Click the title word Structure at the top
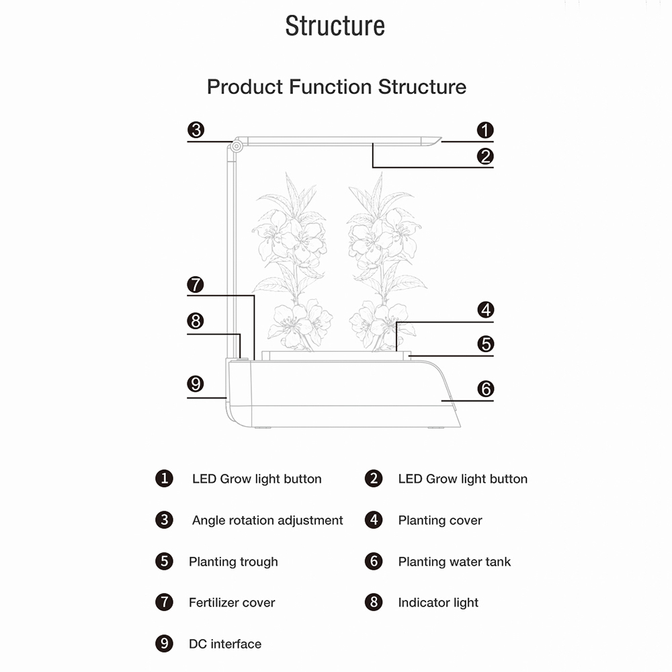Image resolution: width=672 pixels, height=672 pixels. pyautogui.click(x=335, y=26)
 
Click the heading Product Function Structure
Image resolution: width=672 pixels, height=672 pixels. pyautogui.click(x=336, y=87)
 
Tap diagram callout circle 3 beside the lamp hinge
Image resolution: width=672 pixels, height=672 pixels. pyautogui.click(x=196, y=130)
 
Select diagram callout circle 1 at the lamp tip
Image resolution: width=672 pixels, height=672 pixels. pyautogui.click(x=485, y=130)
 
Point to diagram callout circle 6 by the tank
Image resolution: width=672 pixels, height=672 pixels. pyautogui.click(x=485, y=388)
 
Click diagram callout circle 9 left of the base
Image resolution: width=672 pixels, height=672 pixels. pyautogui.click(x=196, y=384)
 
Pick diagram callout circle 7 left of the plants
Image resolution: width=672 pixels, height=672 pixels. pyautogui.click(x=196, y=285)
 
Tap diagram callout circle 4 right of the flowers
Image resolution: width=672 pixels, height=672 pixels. pyautogui.click(x=485, y=310)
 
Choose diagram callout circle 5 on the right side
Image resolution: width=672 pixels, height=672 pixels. pyautogui.click(x=485, y=344)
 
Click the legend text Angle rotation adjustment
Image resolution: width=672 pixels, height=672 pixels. pyautogui.click(x=267, y=520)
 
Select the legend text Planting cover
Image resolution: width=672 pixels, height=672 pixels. pyautogui.click(x=440, y=520)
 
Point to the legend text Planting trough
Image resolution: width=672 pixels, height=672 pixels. pyautogui.click(x=233, y=562)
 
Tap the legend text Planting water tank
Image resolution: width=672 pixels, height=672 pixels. pyautogui.click(x=454, y=562)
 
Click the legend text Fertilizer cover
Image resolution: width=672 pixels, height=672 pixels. pyautogui.click(x=232, y=603)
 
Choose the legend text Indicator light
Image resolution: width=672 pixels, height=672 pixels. pyautogui.click(x=438, y=603)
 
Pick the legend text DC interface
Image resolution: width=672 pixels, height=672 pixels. pyautogui.click(x=225, y=644)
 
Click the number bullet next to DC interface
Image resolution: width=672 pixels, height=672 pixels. pyautogui.click(x=164, y=644)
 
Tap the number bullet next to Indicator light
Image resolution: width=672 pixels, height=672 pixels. pyautogui.click(x=374, y=602)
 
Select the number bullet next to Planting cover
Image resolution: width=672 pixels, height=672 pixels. pyautogui.click(x=374, y=519)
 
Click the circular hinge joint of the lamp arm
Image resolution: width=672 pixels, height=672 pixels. pyautogui.click(x=237, y=145)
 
